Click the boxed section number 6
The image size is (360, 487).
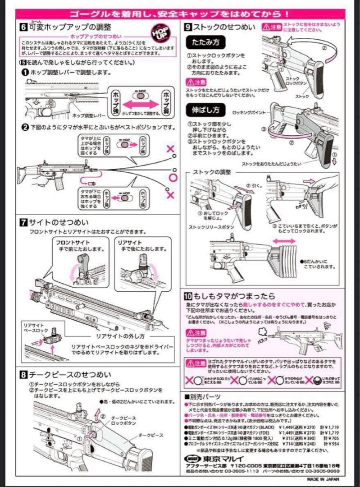click(23, 27)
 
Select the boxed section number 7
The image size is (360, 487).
click(23, 222)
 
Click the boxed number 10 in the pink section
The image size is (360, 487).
click(189, 296)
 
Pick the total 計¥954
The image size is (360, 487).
click(332, 444)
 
